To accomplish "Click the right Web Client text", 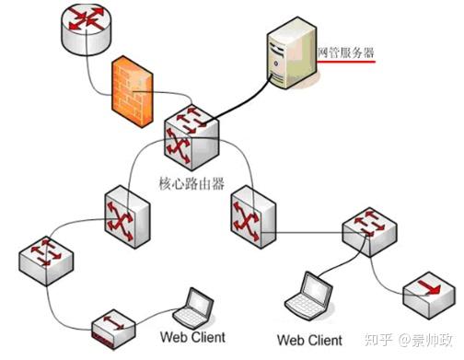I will [x=309, y=340].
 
